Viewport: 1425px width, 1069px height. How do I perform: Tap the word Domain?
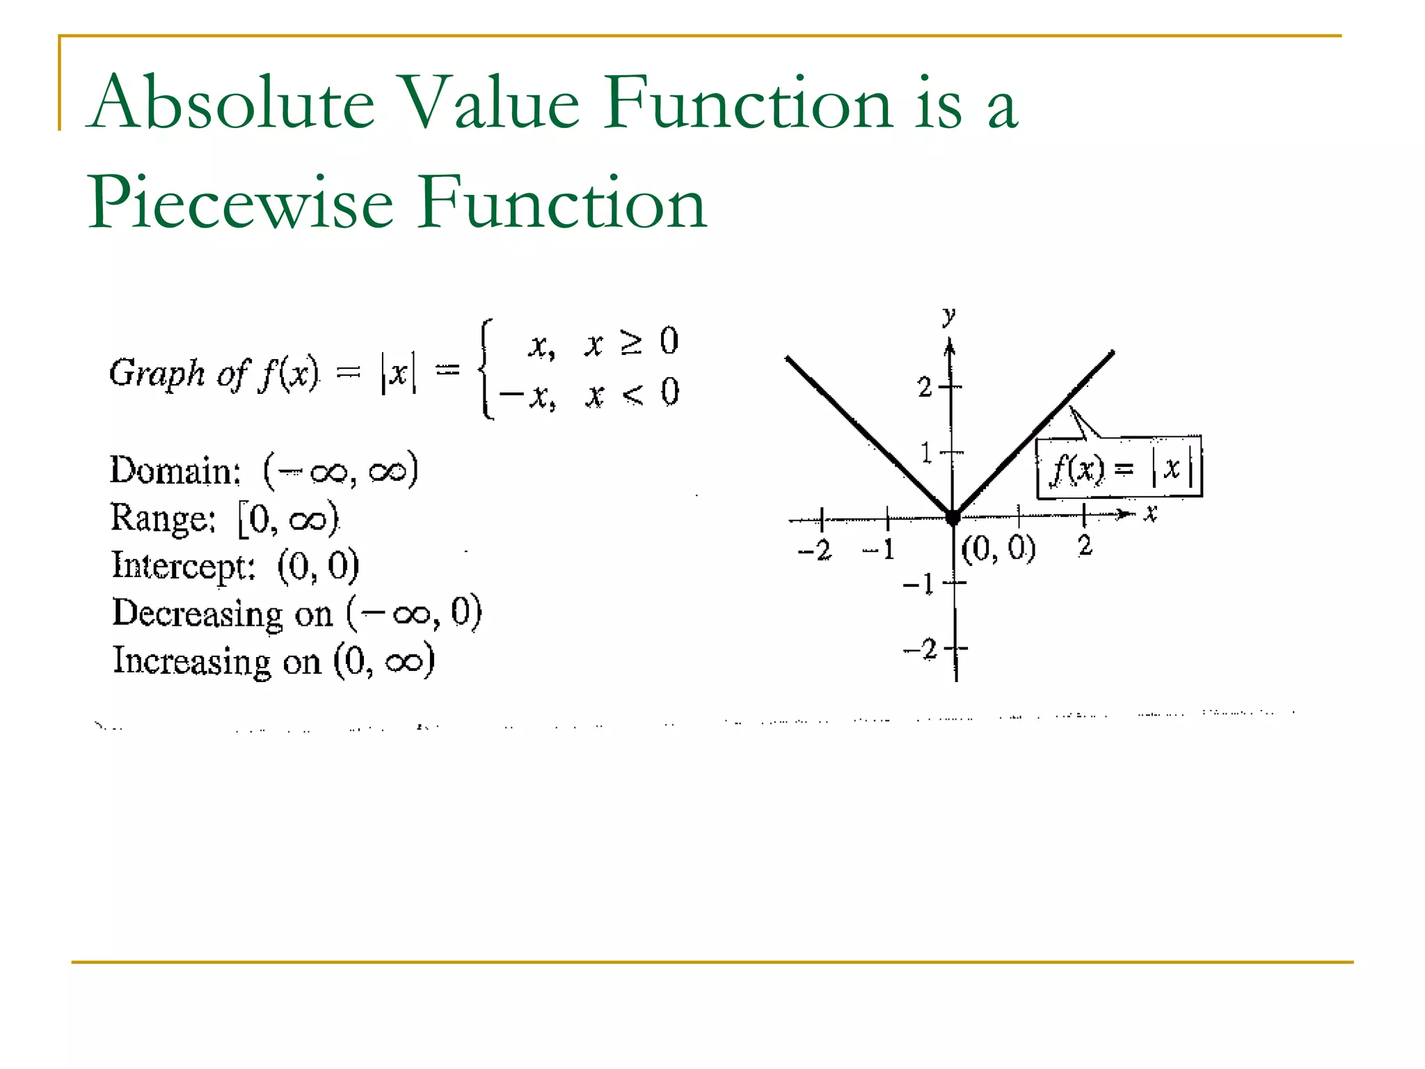coord(175,470)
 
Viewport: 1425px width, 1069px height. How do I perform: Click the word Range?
coord(163,518)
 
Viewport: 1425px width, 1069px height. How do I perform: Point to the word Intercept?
coord(184,566)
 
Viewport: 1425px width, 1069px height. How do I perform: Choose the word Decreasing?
coord(198,614)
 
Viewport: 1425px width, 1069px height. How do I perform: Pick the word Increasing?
coord(191,661)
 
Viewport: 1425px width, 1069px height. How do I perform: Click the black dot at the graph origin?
coord(953,517)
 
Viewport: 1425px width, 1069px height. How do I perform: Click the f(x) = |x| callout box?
coord(1119,468)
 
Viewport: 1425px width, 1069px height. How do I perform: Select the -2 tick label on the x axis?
coord(815,551)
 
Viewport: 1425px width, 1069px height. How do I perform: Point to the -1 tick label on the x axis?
coord(879,550)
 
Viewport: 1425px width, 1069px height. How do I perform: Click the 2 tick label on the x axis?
coord(1085,546)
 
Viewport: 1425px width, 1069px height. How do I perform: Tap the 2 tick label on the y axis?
coord(925,387)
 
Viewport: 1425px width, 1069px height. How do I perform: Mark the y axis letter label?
coord(948,317)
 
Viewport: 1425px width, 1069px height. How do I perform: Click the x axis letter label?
coord(1151,514)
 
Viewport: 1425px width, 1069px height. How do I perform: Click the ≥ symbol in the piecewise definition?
coord(631,343)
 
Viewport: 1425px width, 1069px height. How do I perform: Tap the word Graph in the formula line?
coord(157,374)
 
